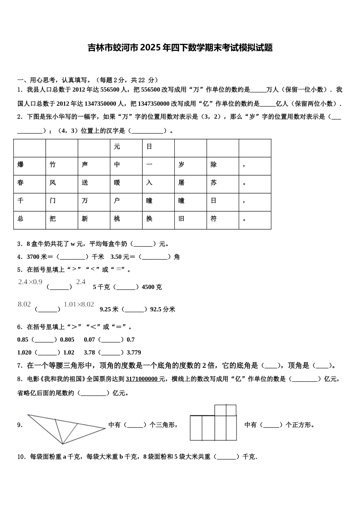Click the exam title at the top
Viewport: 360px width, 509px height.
point(180,48)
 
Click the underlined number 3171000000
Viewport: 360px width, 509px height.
point(142,379)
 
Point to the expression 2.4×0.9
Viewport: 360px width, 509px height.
point(30,282)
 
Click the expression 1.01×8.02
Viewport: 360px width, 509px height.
point(79,304)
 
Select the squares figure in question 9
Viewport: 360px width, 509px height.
point(213,423)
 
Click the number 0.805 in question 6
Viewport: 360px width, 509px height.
point(67,340)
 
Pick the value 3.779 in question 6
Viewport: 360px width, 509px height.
point(133,353)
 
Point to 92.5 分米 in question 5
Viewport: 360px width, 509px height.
point(163,309)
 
